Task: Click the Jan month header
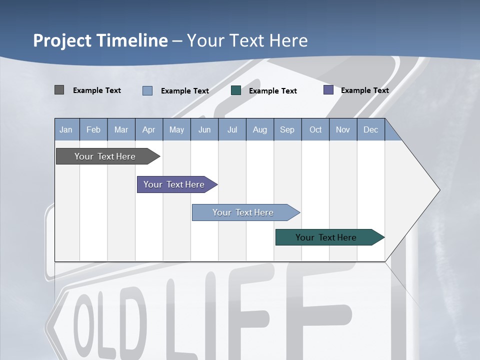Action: (66, 129)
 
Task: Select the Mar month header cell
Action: (121, 129)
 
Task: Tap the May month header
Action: (176, 129)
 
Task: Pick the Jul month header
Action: (232, 129)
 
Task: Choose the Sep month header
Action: (287, 129)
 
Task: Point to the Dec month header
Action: (370, 129)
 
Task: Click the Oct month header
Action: (315, 129)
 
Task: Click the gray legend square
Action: (59, 90)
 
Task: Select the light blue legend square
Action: (147, 90)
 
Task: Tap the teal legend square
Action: (236, 90)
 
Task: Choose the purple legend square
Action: (328, 90)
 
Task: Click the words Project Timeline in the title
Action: (100, 40)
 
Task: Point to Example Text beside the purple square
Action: (364, 90)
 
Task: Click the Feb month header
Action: (93, 129)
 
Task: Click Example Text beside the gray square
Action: (97, 90)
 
